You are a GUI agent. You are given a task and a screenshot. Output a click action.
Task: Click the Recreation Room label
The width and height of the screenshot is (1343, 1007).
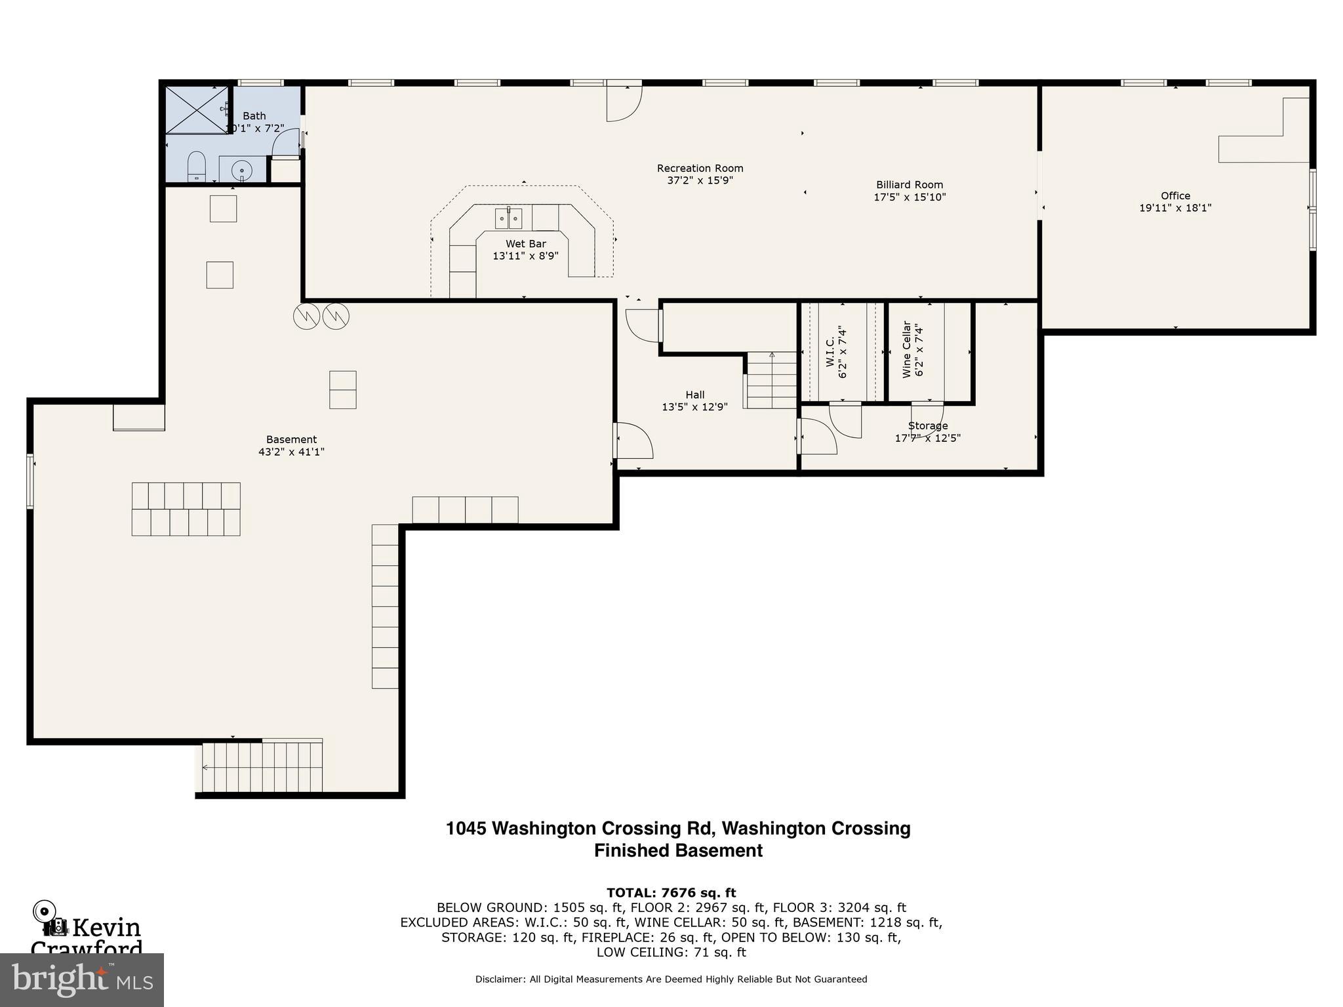tap(700, 168)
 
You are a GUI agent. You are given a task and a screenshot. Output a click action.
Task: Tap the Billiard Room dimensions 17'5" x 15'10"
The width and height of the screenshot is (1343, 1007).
tap(910, 197)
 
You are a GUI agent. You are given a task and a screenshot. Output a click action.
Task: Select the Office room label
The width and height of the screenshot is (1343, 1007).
tap(1175, 195)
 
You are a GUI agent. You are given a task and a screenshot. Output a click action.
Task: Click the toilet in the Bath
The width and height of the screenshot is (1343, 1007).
tap(196, 167)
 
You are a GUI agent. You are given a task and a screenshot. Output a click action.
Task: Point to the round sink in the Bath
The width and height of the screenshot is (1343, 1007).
tap(242, 170)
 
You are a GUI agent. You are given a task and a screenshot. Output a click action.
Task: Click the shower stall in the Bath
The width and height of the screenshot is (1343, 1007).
tap(196, 110)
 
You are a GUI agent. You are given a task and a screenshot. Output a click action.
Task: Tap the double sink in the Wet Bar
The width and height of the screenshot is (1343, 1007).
tap(508, 218)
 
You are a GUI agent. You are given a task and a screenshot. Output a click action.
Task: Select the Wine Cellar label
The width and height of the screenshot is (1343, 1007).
tap(907, 349)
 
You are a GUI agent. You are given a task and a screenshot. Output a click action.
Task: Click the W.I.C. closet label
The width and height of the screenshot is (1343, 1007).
tap(830, 352)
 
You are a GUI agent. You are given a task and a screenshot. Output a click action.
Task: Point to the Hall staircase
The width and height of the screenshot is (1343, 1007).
tap(771, 380)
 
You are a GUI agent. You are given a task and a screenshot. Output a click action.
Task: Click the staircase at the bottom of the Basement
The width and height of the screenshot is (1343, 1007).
tap(262, 766)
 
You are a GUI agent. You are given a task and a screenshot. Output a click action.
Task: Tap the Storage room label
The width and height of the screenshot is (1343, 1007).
tap(927, 426)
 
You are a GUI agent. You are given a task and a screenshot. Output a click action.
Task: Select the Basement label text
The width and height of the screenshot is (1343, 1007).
tap(291, 439)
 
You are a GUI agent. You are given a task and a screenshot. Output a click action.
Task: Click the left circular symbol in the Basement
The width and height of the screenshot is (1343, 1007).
tap(306, 317)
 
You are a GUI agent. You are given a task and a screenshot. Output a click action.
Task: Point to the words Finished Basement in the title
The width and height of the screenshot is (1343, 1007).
tap(678, 850)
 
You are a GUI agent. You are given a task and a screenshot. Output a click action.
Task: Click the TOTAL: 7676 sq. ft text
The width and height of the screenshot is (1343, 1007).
tap(671, 892)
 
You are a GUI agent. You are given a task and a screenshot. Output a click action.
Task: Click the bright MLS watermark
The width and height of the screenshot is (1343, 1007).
tap(81, 979)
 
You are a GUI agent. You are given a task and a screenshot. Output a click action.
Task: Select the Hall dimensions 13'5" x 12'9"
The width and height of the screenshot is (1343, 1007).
tap(694, 407)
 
